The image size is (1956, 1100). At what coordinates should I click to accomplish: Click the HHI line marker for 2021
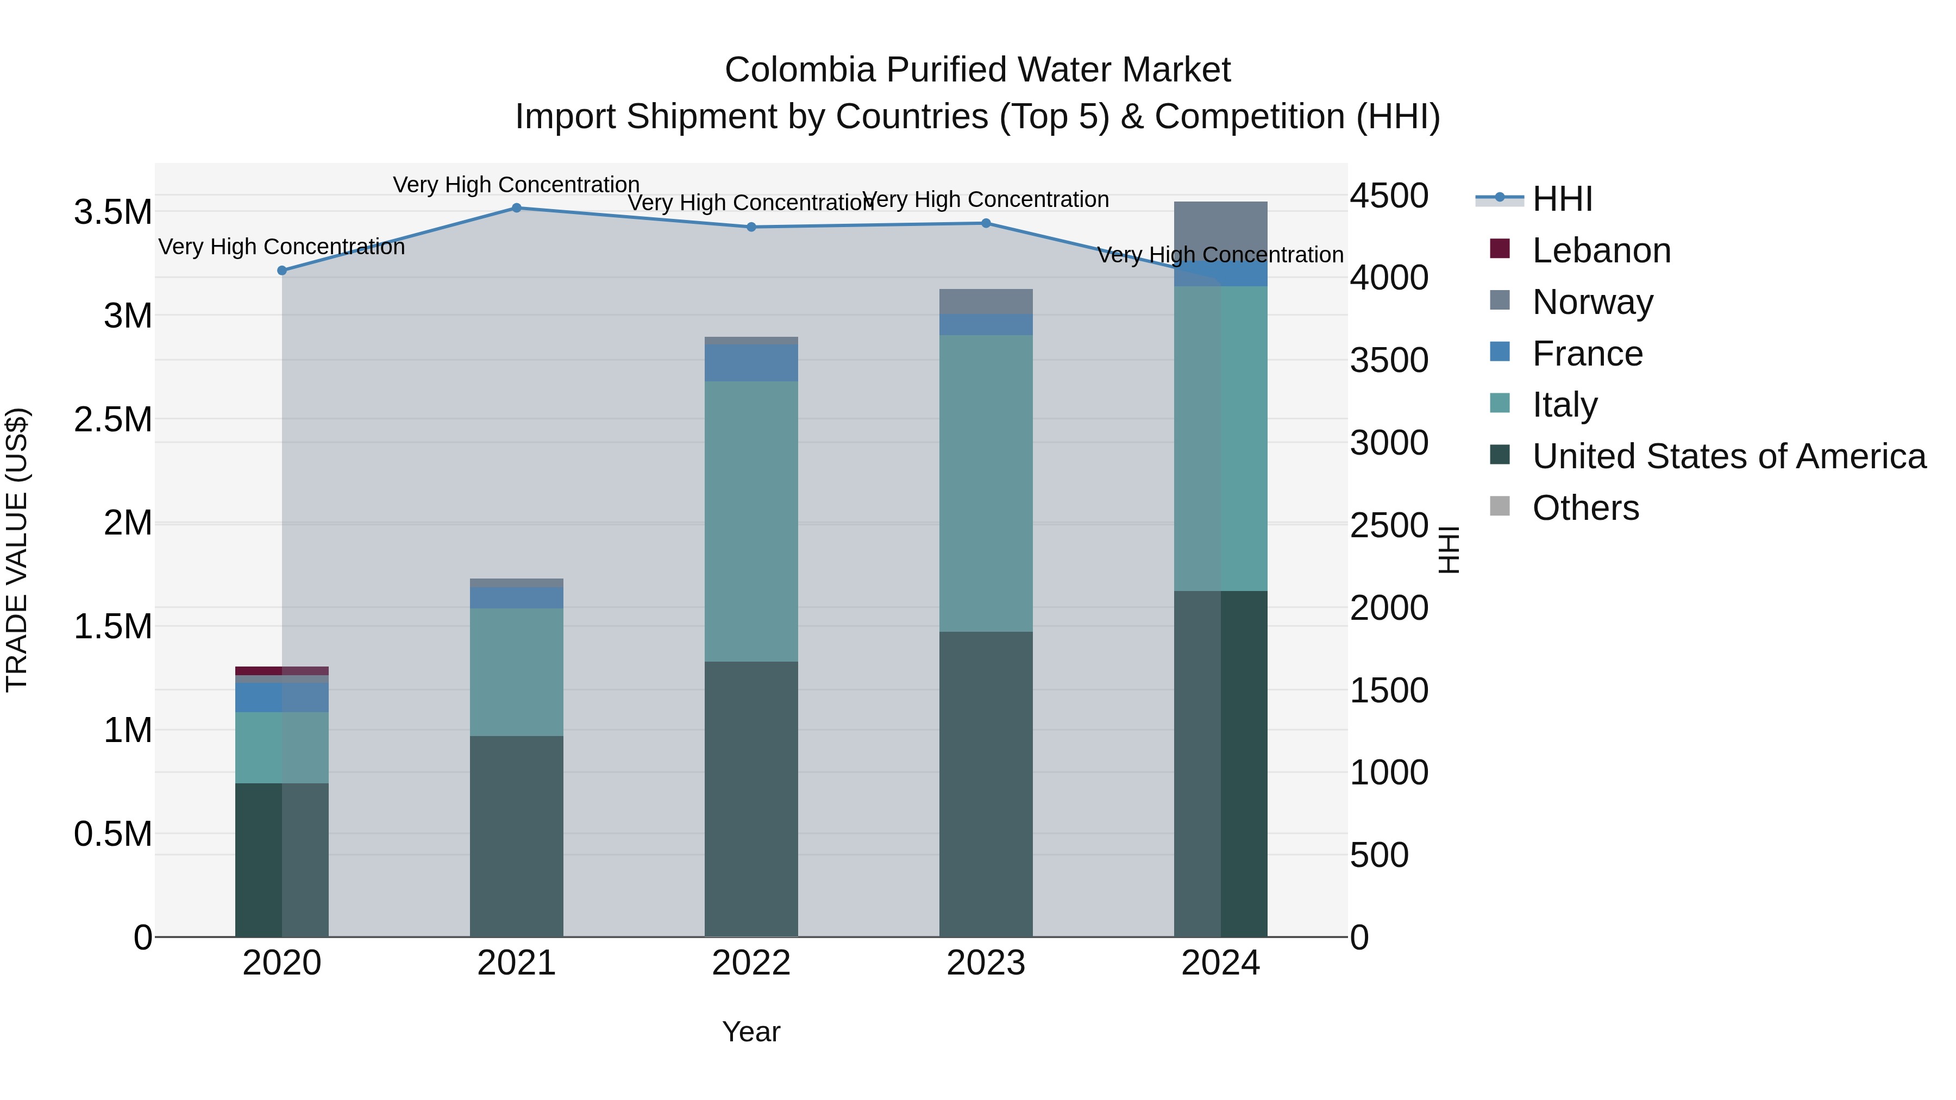(x=516, y=208)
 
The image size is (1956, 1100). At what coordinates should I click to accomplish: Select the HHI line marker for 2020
(x=281, y=271)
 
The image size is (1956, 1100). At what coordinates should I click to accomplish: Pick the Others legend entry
(x=1585, y=508)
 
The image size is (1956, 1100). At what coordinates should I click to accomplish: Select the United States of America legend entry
(x=1728, y=456)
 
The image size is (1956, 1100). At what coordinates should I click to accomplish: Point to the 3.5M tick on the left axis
(x=112, y=212)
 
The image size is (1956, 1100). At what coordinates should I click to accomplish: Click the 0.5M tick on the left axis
(x=112, y=833)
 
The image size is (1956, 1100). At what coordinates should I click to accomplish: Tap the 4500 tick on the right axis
(x=1389, y=196)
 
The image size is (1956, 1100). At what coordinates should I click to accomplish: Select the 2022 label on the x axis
(x=751, y=963)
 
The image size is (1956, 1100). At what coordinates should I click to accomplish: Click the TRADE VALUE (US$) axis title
(x=17, y=550)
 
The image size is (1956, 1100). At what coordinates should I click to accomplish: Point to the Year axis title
(x=751, y=1032)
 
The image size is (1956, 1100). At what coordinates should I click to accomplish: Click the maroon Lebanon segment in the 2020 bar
(x=281, y=670)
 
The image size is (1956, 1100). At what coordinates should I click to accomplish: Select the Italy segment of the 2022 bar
(x=751, y=521)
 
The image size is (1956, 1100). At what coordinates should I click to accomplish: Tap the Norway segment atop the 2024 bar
(x=1220, y=228)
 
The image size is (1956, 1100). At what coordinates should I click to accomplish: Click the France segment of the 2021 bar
(x=516, y=598)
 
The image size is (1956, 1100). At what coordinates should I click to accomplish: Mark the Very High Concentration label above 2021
(x=516, y=185)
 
